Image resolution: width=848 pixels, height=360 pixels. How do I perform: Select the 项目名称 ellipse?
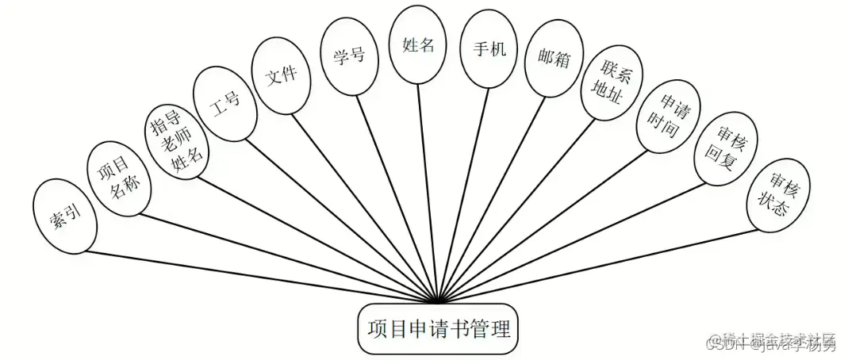tap(118, 178)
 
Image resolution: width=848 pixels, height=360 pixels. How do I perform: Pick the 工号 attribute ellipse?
tap(225, 102)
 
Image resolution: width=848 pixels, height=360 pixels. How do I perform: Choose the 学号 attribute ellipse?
tap(348, 57)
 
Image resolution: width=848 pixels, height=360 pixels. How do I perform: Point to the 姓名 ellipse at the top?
tap(418, 45)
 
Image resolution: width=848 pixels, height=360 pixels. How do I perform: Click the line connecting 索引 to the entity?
tap(262, 278)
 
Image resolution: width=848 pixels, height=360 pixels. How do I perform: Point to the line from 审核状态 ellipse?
tap(595, 267)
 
